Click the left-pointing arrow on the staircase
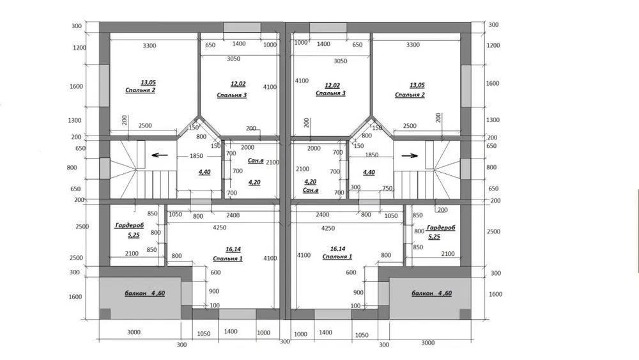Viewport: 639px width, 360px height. pos(159,155)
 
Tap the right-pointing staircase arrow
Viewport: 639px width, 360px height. pos(410,155)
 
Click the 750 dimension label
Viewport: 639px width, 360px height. pos(387,188)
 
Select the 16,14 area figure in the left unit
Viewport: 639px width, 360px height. pos(233,249)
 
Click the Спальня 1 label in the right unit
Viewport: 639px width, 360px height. pos(337,256)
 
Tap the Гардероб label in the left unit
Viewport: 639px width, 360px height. pos(130,225)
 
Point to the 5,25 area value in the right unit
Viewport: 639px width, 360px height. pos(434,237)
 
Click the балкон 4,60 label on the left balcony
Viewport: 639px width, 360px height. pos(144,293)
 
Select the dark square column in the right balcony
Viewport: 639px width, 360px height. pos(465,313)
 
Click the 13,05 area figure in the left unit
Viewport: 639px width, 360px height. pos(148,82)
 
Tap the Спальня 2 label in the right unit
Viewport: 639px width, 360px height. pos(410,95)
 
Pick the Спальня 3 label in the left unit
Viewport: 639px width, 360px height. pos(231,95)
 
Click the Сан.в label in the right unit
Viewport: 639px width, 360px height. pos(311,190)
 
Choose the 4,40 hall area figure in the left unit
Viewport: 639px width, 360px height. pos(204,172)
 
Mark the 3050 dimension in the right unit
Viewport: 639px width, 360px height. pos(341,61)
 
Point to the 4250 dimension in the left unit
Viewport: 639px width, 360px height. pos(219,228)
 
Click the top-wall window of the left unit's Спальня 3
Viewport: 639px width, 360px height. pos(242,27)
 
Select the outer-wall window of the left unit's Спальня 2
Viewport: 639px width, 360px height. pos(104,86)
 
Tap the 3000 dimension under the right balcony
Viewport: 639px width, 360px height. pos(427,343)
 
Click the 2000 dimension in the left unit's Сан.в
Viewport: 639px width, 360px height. pos(247,147)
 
